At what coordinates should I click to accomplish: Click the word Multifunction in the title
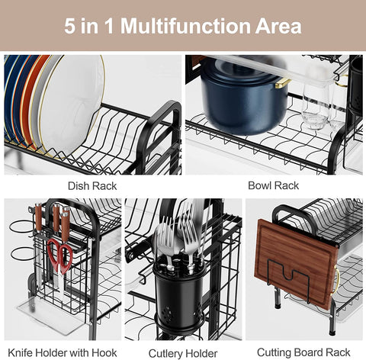[185, 26]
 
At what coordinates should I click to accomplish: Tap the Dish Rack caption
[92, 186]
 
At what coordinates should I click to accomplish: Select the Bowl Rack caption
[273, 185]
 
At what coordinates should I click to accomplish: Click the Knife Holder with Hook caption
[63, 353]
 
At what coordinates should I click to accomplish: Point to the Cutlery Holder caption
[183, 354]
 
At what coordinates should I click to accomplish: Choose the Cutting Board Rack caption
[303, 352]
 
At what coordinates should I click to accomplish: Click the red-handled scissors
[60, 257]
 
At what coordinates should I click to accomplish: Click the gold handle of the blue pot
[283, 83]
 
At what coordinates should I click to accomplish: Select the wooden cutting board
[295, 265]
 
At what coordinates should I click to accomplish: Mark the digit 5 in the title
[69, 26]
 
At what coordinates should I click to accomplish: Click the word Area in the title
[278, 26]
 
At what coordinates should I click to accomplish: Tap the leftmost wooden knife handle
[38, 217]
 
